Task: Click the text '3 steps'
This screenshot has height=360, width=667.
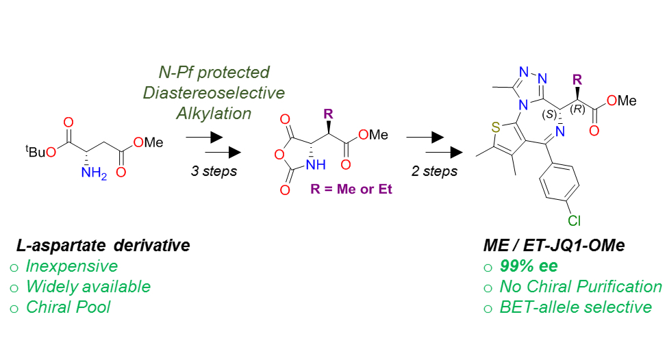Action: click(214, 170)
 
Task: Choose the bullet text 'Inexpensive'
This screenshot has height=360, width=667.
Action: click(72, 266)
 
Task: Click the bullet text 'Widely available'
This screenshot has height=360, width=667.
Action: click(88, 287)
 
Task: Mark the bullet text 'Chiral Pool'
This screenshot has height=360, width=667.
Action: click(68, 307)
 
